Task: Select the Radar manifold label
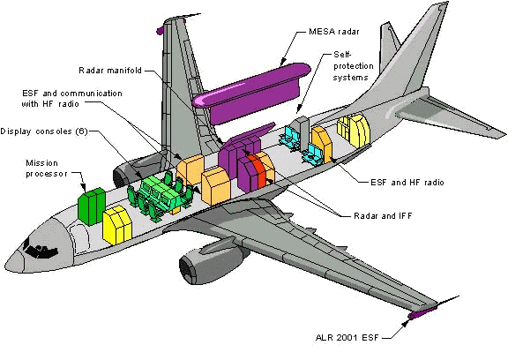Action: point(111,70)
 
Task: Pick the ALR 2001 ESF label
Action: point(350,338)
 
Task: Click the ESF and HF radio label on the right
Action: point(401,182)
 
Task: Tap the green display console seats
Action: point(159,195)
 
